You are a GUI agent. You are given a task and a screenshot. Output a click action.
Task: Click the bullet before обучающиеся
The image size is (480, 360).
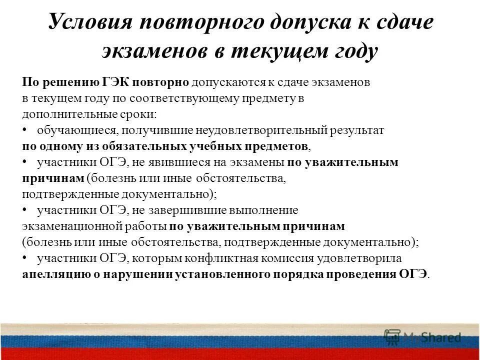point(25,130)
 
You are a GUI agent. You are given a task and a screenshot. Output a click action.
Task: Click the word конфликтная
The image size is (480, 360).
point(230,258)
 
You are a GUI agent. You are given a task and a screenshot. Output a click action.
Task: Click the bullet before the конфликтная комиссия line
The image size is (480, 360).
point(25,258)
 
